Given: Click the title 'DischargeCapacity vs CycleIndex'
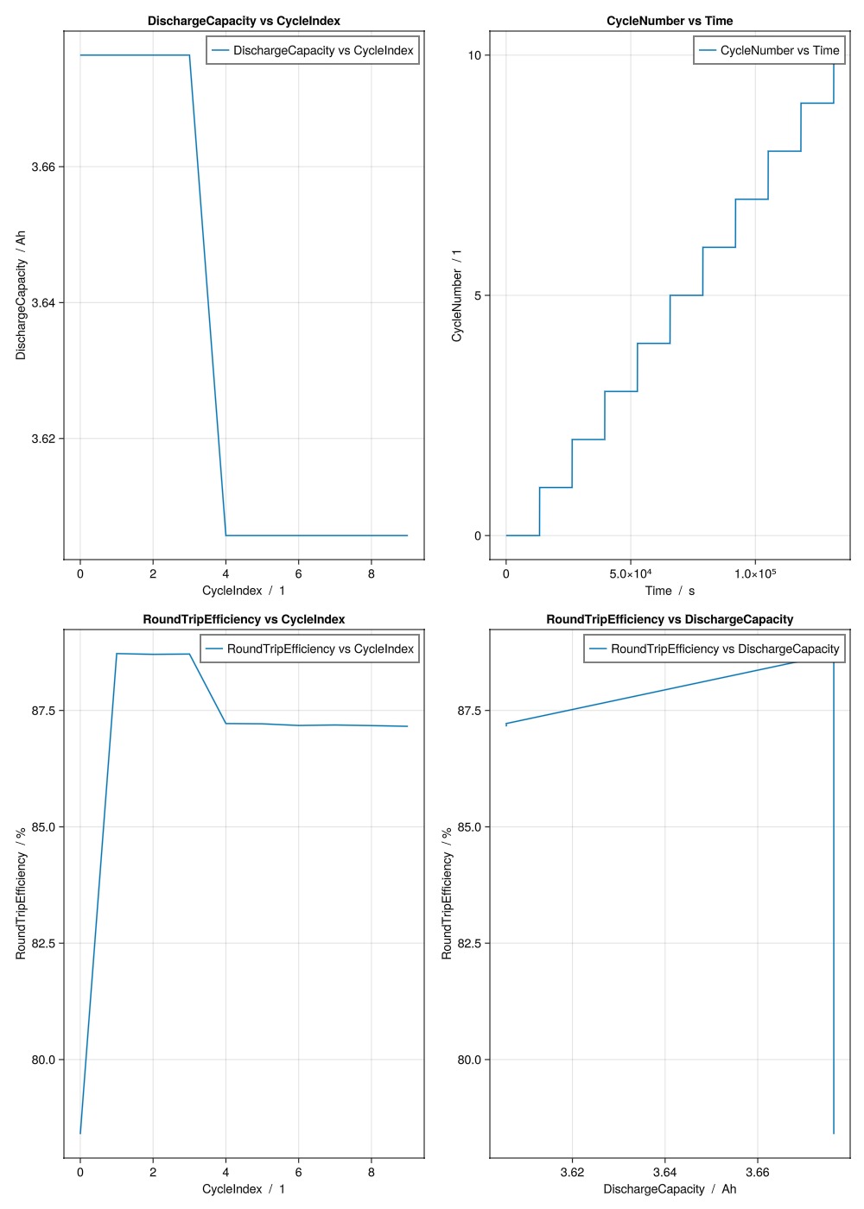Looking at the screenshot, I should tap(244, 21).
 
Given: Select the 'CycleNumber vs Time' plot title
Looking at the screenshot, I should tap(670, 21).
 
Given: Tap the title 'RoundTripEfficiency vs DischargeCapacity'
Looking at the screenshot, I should tap(670, 619).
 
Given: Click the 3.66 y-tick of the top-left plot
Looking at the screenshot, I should tap(43, 167).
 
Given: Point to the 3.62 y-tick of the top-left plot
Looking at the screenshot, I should tap(43, 439).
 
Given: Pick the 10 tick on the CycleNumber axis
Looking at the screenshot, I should tap(474, 55).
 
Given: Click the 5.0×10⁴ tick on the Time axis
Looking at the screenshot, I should tap(631, 574).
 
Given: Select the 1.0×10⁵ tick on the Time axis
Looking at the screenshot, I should tap(755, 574).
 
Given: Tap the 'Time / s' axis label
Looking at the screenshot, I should tap(670, 591).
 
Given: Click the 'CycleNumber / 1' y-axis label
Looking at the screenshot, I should tap(457, 295).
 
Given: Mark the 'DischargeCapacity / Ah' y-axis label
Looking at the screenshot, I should tap(21, 295).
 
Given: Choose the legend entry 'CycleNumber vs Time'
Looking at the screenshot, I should tap(779, 50).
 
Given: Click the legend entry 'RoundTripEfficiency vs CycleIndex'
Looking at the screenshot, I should tap(320, 649).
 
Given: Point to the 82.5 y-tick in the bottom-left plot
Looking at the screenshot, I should tap(43, 943).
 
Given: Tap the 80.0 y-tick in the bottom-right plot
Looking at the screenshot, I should tap(469, 1060).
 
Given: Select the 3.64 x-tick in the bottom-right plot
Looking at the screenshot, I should tap(664, 1173).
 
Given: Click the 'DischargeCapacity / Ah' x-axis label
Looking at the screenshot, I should tap(670, 1189).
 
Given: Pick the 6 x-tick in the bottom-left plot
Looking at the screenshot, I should tap(299, 1173).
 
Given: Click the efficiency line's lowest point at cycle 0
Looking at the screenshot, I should tap(80, 1133).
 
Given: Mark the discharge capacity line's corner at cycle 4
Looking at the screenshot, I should tap(226, 535).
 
